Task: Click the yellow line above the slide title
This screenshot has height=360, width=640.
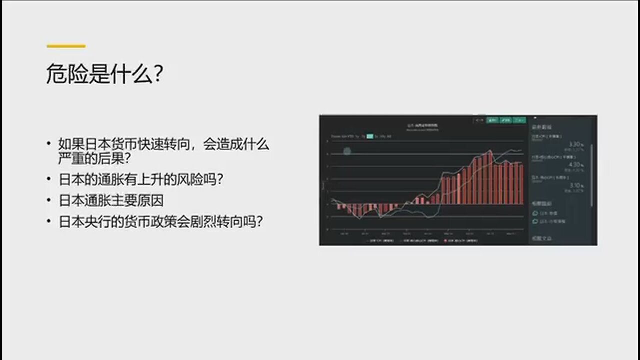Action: click(66, 46)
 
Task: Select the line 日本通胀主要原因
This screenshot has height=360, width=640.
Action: click(111, 200)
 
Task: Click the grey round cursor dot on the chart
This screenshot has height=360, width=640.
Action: click(347, 150)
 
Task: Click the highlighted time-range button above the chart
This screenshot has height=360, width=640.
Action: click(370, 136)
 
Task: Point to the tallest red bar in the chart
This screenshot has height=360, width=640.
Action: click(490, 177)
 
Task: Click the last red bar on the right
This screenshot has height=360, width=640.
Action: click(522, 183)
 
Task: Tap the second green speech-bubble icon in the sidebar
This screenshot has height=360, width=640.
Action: click(535, 221)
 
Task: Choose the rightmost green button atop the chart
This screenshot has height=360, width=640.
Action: click(520, 120)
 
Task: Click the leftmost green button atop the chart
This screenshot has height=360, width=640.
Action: click(493, 120)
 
